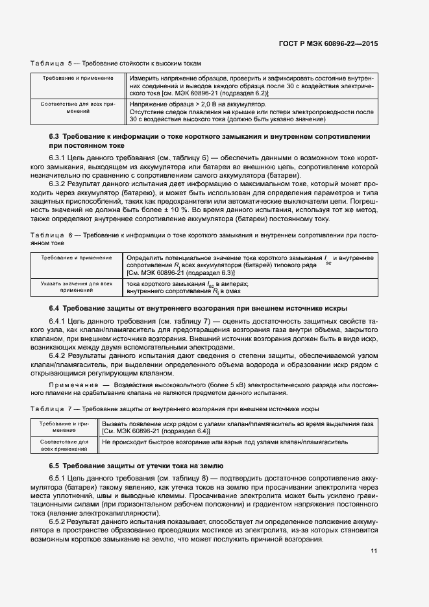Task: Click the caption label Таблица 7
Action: coord(53,410)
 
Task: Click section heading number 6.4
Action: coord(55,307)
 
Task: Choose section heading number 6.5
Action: coord(55,466)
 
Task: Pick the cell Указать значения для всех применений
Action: coord(77,287)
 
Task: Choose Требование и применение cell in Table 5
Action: coord(77,78)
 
